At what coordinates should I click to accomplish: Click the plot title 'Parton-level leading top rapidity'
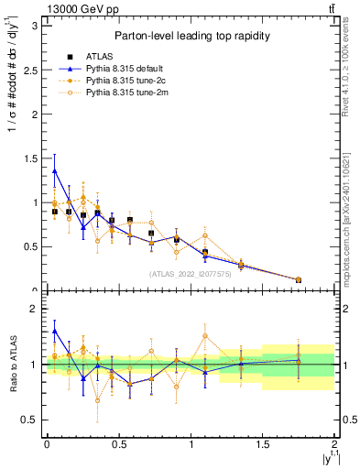pos(190,36)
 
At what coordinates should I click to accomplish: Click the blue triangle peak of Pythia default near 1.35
pos(54,170)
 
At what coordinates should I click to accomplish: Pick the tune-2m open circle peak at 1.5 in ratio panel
pos(205,336)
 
